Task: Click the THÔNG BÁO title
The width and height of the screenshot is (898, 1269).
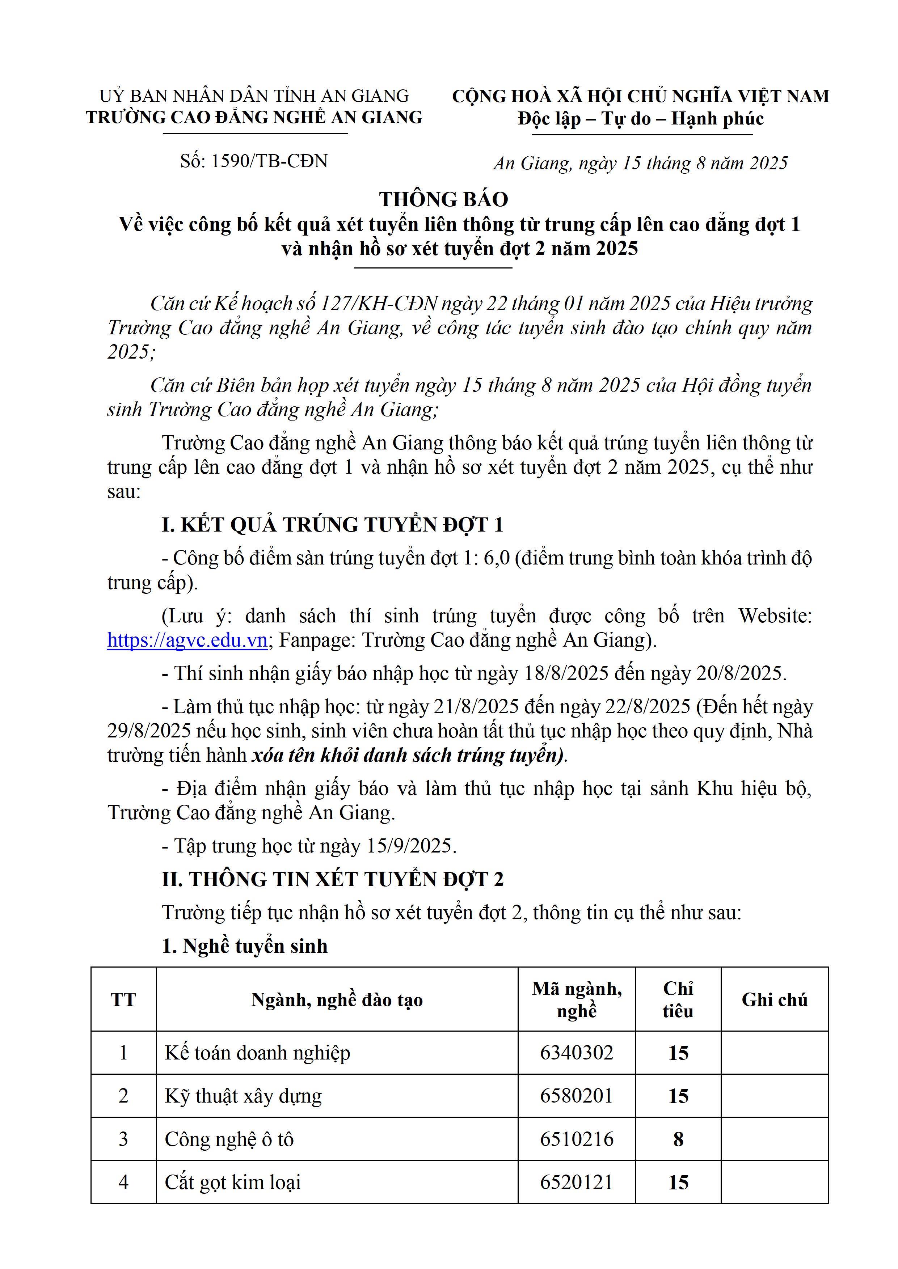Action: click(443, 199)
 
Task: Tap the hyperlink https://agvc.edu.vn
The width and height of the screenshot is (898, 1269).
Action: click(187, 640)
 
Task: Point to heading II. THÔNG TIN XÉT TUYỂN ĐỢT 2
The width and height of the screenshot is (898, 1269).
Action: click(332, 879)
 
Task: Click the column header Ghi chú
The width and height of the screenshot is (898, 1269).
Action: click(774, 999)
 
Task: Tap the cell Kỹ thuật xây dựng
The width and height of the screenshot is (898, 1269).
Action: click(243, 1096)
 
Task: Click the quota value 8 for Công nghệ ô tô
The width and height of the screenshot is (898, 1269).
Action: click(678, 1139)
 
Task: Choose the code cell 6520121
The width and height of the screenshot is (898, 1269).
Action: click(576, 1182)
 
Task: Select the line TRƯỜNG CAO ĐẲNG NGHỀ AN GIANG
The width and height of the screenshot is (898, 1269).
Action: click(254, 117)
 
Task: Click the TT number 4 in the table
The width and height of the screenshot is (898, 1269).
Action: click(123, 1182)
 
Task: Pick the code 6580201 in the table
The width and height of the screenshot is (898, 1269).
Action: click(576, 1096)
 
